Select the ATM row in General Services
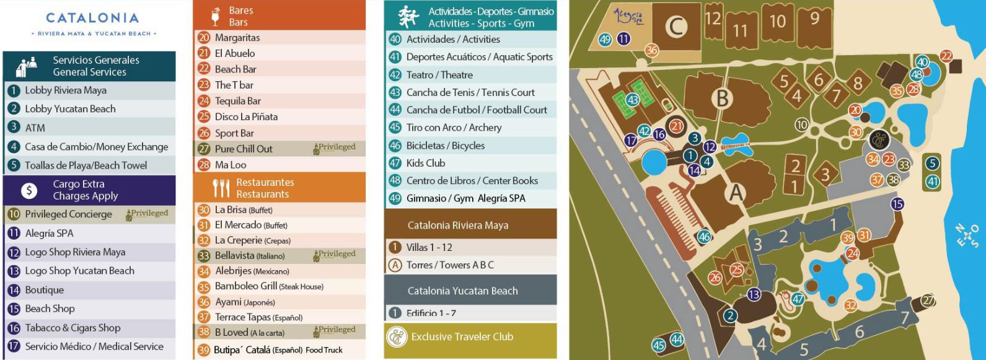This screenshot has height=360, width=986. click(35, 128)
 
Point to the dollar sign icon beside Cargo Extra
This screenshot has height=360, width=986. click(29, 190)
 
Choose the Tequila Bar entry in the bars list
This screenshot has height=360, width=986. click(237, 101)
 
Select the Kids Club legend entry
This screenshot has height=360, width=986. click(425, 163)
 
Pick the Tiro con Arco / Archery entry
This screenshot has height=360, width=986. click(454, 128)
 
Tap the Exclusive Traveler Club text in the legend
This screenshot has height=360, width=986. click(462, 337)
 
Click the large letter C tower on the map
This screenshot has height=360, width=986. click(677, 26)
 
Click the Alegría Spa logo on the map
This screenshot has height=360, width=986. click(628, 16)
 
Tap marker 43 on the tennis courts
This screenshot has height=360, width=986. click(633, 100)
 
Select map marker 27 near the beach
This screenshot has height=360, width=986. click(928, 301)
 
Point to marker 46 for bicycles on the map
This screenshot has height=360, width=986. click(704, 236)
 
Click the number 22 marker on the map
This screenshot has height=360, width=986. click(946, 56)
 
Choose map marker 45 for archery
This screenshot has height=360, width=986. click(659, 345)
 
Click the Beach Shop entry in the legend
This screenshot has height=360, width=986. click(50, 309)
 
